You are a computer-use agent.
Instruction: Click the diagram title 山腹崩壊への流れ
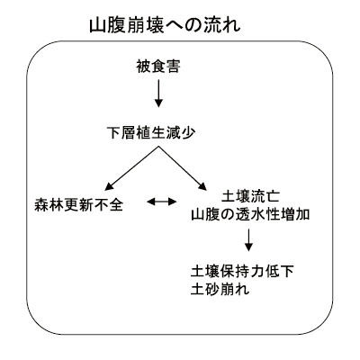[165, 26]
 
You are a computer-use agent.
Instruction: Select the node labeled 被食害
[158, 67]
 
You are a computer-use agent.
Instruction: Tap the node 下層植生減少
[151, 132]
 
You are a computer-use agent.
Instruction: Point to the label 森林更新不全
[78, 205]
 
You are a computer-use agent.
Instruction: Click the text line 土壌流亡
[250, 196]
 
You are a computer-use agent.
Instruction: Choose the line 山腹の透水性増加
[250, 215]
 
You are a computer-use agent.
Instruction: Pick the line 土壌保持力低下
[242, 272]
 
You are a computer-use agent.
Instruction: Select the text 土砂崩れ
[220, 290]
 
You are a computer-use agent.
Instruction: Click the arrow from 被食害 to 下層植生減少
[158, 94]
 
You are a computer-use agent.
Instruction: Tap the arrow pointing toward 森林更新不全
[131, 168]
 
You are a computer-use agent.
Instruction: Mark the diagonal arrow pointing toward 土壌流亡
[183, 168]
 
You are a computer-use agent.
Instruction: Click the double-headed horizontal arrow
[162, 202]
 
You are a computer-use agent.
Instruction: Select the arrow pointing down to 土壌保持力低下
[248, 239]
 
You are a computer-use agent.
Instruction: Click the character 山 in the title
[97, 26]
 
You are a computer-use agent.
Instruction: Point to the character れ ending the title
[233, 26]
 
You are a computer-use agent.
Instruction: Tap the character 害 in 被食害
[173, 67]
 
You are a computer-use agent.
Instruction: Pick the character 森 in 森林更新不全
[41, 205]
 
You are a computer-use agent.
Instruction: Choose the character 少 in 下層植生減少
[188, 132]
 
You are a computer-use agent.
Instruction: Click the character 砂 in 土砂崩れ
[213, 290]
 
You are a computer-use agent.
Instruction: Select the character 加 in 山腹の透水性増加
[302, 215]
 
